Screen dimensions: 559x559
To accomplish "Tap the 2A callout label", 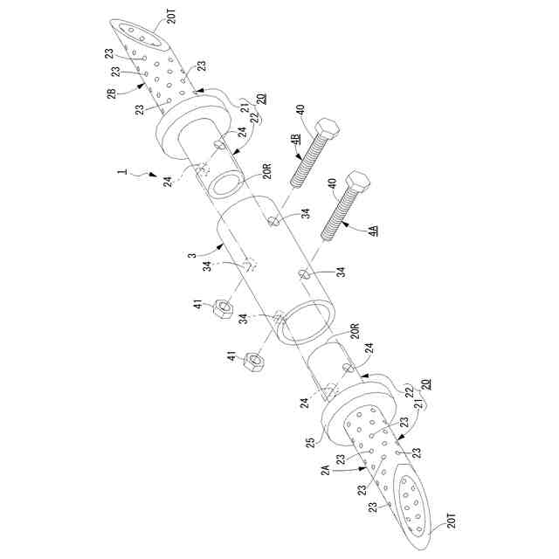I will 325,471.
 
